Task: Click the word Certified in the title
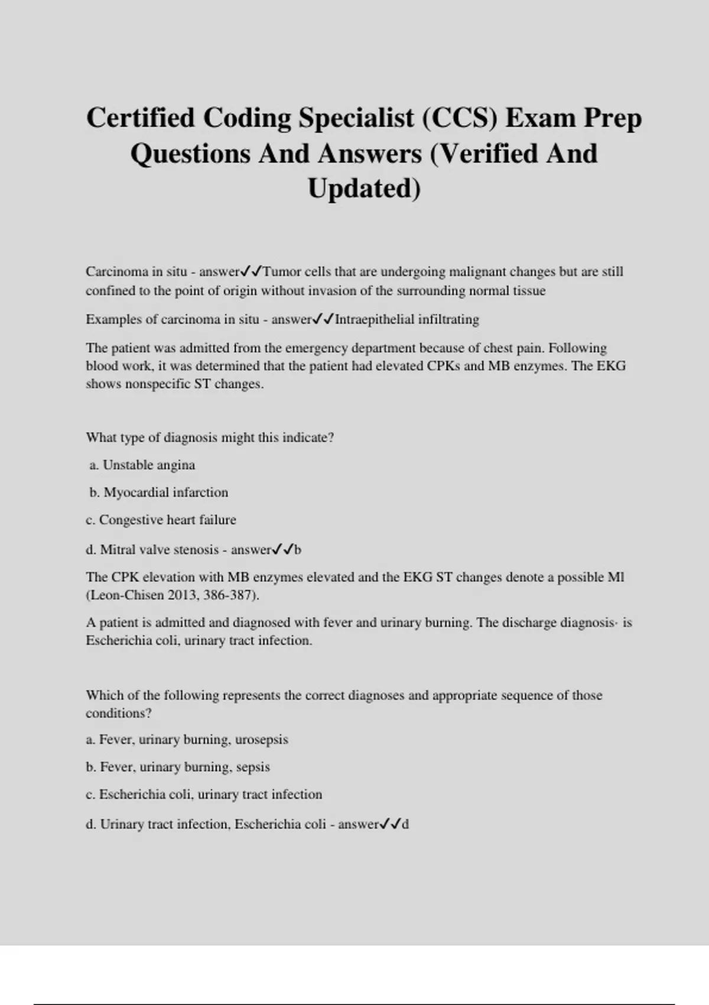pos(140,118)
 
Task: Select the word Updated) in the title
pos(364,189)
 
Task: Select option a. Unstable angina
pos(142,465)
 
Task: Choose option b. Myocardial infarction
pos(158,492)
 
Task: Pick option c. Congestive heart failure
pos(161,520)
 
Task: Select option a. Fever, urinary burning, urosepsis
pos(187,740)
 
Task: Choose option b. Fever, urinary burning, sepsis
pos(177,767)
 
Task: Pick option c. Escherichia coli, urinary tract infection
pos(204,795)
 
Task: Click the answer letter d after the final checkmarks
pos(405,824)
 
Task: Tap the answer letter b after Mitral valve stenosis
pos(298,550)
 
